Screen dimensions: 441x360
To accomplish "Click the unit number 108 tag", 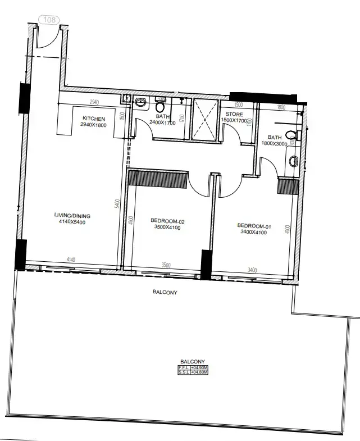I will coord(49,20).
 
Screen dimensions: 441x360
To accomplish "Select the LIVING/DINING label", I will coord(72,216).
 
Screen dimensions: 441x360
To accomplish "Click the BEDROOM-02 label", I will coord(168,221).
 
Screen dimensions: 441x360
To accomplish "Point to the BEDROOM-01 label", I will coord(254,227).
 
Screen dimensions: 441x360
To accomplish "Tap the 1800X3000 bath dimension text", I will coord(275,144).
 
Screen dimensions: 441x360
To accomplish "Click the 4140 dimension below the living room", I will coord(71,260).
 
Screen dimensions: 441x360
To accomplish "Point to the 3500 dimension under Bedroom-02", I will coord(166,265).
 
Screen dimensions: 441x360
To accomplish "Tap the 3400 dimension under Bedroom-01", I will coord(252,270).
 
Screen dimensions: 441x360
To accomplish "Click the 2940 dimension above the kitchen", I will coord(94,102).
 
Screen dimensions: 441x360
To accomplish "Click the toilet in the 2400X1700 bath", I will coord(160,105).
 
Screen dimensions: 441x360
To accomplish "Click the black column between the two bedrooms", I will coord(206,265).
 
